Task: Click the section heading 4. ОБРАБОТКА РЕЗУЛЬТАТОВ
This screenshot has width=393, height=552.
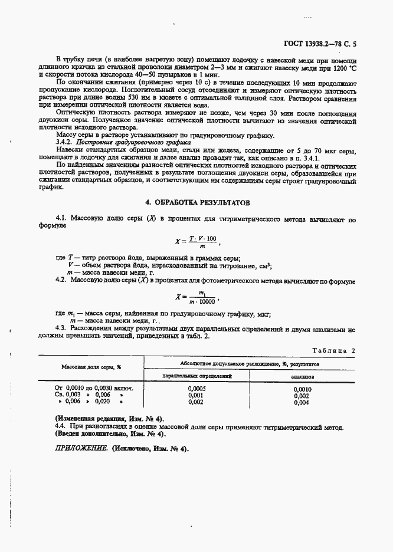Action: pos(197,202)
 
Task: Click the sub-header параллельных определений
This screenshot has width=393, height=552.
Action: pos(196,375)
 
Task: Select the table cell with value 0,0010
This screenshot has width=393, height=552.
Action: pos(302,389)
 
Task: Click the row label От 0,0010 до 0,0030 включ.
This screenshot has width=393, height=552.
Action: pos(94,389)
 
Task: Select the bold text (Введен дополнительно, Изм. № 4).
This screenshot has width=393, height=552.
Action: pos(110,434)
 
